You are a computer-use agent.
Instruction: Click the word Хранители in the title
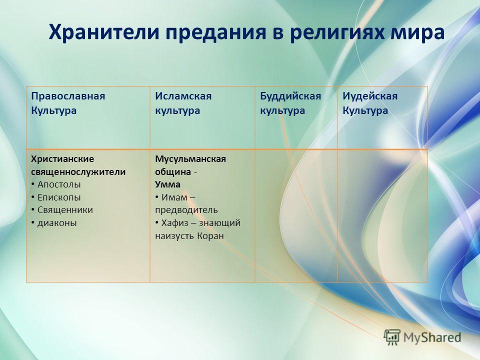(x=104, y=32)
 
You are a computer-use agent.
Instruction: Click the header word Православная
(x=68, y=96)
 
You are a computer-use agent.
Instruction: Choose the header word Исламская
(x=183, y=96)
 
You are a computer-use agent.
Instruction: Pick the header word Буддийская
(x=290, y=96)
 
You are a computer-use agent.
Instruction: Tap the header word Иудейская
(x=370, y=96)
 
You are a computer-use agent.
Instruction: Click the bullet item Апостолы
(x=59, y=184)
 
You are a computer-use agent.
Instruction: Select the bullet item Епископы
(x=59, y=197)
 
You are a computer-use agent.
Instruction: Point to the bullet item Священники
(x=65, y=210)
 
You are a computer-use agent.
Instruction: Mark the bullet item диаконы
(x=57, y=223)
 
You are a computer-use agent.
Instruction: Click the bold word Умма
(x=168, y=184)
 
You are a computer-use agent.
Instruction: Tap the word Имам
(x=174, y=197)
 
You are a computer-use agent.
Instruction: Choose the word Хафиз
(x=175, y=223)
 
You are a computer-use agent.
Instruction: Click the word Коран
(x=210, y=236)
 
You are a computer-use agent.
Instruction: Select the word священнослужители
(x=78, y=172)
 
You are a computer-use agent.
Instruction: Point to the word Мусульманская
(x=190, y=159)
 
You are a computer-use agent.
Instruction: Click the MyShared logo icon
(x=392, y=337)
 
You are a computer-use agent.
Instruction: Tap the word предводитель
(x=186, y=210)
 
